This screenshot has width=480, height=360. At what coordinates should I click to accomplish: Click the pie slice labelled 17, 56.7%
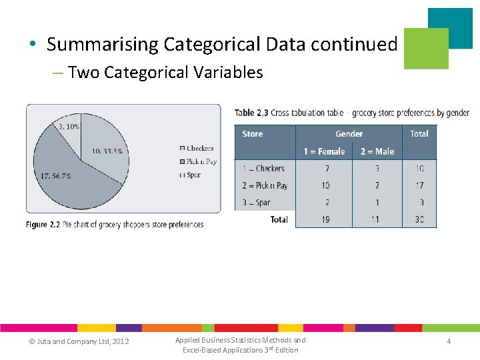(x=60, y=180)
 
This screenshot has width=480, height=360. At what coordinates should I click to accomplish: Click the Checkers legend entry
(x=197, y=148)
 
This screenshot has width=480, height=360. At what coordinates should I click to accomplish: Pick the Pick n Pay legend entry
(x=198, y=161)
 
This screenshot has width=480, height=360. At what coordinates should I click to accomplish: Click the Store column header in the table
(x=253, y=134)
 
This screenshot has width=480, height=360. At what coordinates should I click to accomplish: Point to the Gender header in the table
(x=349, y=134)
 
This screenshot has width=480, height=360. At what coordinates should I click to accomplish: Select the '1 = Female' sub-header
(x=324, y=151)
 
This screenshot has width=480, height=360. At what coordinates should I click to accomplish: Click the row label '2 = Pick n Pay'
(x=265, y=185)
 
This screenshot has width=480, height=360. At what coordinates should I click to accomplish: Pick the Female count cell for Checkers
(x=325, y=169)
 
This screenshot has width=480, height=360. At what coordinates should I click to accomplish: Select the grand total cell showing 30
(x=419, y=219)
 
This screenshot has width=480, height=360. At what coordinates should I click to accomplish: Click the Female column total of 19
(x=325, y=219)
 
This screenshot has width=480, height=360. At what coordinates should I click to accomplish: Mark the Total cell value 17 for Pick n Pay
(x=419, y=185)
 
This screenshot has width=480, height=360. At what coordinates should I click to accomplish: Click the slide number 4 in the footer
(x=449, y=341)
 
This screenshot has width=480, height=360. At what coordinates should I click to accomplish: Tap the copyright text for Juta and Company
(x=79, y=342)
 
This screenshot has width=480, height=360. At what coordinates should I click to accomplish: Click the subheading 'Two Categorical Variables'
(x=165, y=72)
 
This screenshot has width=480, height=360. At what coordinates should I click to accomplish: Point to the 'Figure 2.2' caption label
(x=46, y=225)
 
